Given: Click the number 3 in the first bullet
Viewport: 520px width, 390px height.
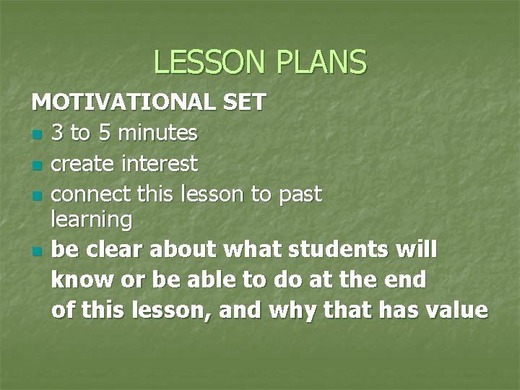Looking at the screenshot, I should pos(59,133).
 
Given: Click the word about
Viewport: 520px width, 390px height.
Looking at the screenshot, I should pos(178,249).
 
